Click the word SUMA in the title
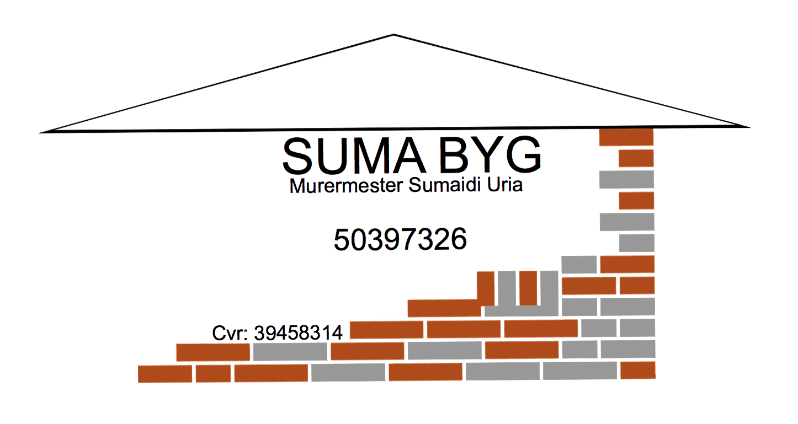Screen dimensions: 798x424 pyautogui.click(x=354, y=155)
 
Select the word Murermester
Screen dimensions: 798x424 pyautogui.click(x=346, y=186)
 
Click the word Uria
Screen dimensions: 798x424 pyautogui.click(x=505, y=184)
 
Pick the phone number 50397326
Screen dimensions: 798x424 pyautogui.click(x=400, y=240)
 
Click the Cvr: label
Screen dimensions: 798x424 pyautogui.click(x=230, y=333)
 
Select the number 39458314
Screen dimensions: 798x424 pyautogui.click(x=298, y=333)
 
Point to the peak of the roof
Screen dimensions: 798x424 pyautogui.click(x=393, y=35)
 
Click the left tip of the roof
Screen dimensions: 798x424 pyautogui.click(x=39, y=133)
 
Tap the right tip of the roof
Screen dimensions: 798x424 pyautogui.click(x=750, y=127)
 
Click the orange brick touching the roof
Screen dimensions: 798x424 pyautogui.click(x=626, y=137)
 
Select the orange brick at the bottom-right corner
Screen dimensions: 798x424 pyautogui.click(x=638, y=371)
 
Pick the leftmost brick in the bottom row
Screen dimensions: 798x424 pyautogui.click(x=165, y=374)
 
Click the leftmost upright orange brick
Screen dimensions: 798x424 pyautogui.click(x=486, y=288)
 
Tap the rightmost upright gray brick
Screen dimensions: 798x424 pyautogui.click(x=549, y=288)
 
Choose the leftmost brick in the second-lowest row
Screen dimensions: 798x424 pyautogui.click(x=213, y=352)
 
